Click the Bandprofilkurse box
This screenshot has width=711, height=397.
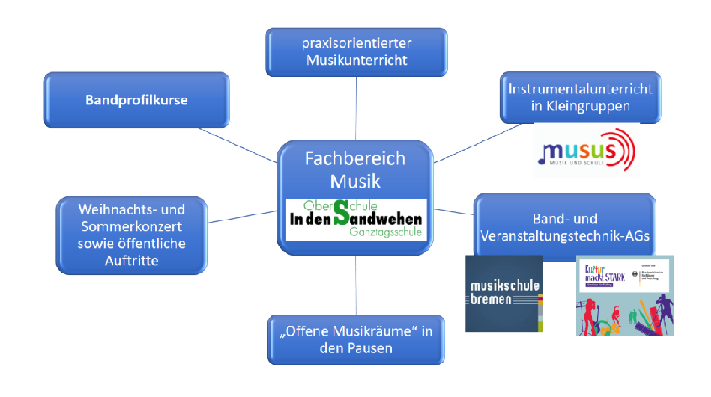[135, 100]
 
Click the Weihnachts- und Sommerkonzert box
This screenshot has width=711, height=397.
[130, 236]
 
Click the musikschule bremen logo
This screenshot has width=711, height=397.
[503, 292]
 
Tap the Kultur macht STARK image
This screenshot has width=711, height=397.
[624, 295]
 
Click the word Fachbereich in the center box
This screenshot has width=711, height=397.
[355, 158]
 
